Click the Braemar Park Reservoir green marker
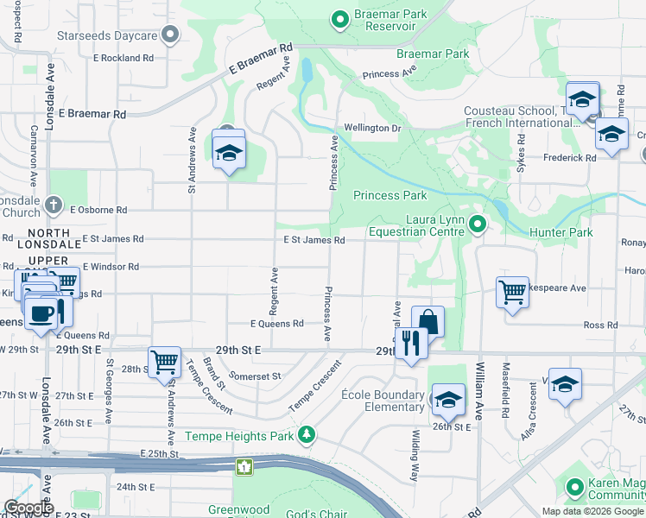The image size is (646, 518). [x=340, y=18]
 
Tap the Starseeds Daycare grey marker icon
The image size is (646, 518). [x=170, y=35]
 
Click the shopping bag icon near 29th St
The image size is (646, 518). [x=427, y=321]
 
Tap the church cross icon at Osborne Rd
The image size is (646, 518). [x=54, y=205]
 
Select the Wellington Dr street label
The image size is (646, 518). [x=373, y=128]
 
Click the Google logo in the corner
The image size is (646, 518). [x=28, y=508]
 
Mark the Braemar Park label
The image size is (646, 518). [x=433, y=54]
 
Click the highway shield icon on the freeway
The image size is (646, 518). [x=245, y=467]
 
